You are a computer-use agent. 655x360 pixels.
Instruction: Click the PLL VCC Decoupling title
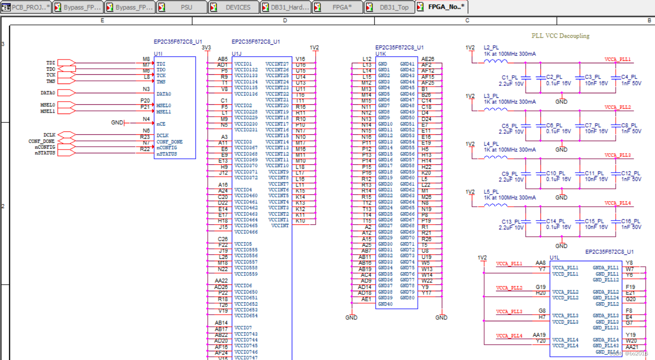click(560, 36)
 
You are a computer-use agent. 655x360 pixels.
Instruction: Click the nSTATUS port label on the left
click(45, 153)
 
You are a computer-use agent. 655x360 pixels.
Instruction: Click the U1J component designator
click(236, 54)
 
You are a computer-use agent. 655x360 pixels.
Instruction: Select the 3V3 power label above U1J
click(206, 48)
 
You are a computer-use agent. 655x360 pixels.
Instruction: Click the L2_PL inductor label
click(491, 48)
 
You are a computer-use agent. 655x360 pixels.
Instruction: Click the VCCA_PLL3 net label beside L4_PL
click(618, 156)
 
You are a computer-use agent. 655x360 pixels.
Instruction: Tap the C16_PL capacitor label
click(631, 221)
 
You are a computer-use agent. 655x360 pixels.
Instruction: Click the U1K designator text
click(381, 54)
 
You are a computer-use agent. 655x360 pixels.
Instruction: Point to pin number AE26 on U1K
click(428, 59)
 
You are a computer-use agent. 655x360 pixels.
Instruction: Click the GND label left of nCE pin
click(117, 123)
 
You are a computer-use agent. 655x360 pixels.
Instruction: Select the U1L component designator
click(554, 258)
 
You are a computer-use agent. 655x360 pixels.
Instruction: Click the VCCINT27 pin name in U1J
click(277, 64)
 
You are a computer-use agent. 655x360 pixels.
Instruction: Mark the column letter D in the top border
click(285, 20)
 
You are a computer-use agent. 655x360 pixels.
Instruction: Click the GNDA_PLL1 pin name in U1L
click(606, 268)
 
